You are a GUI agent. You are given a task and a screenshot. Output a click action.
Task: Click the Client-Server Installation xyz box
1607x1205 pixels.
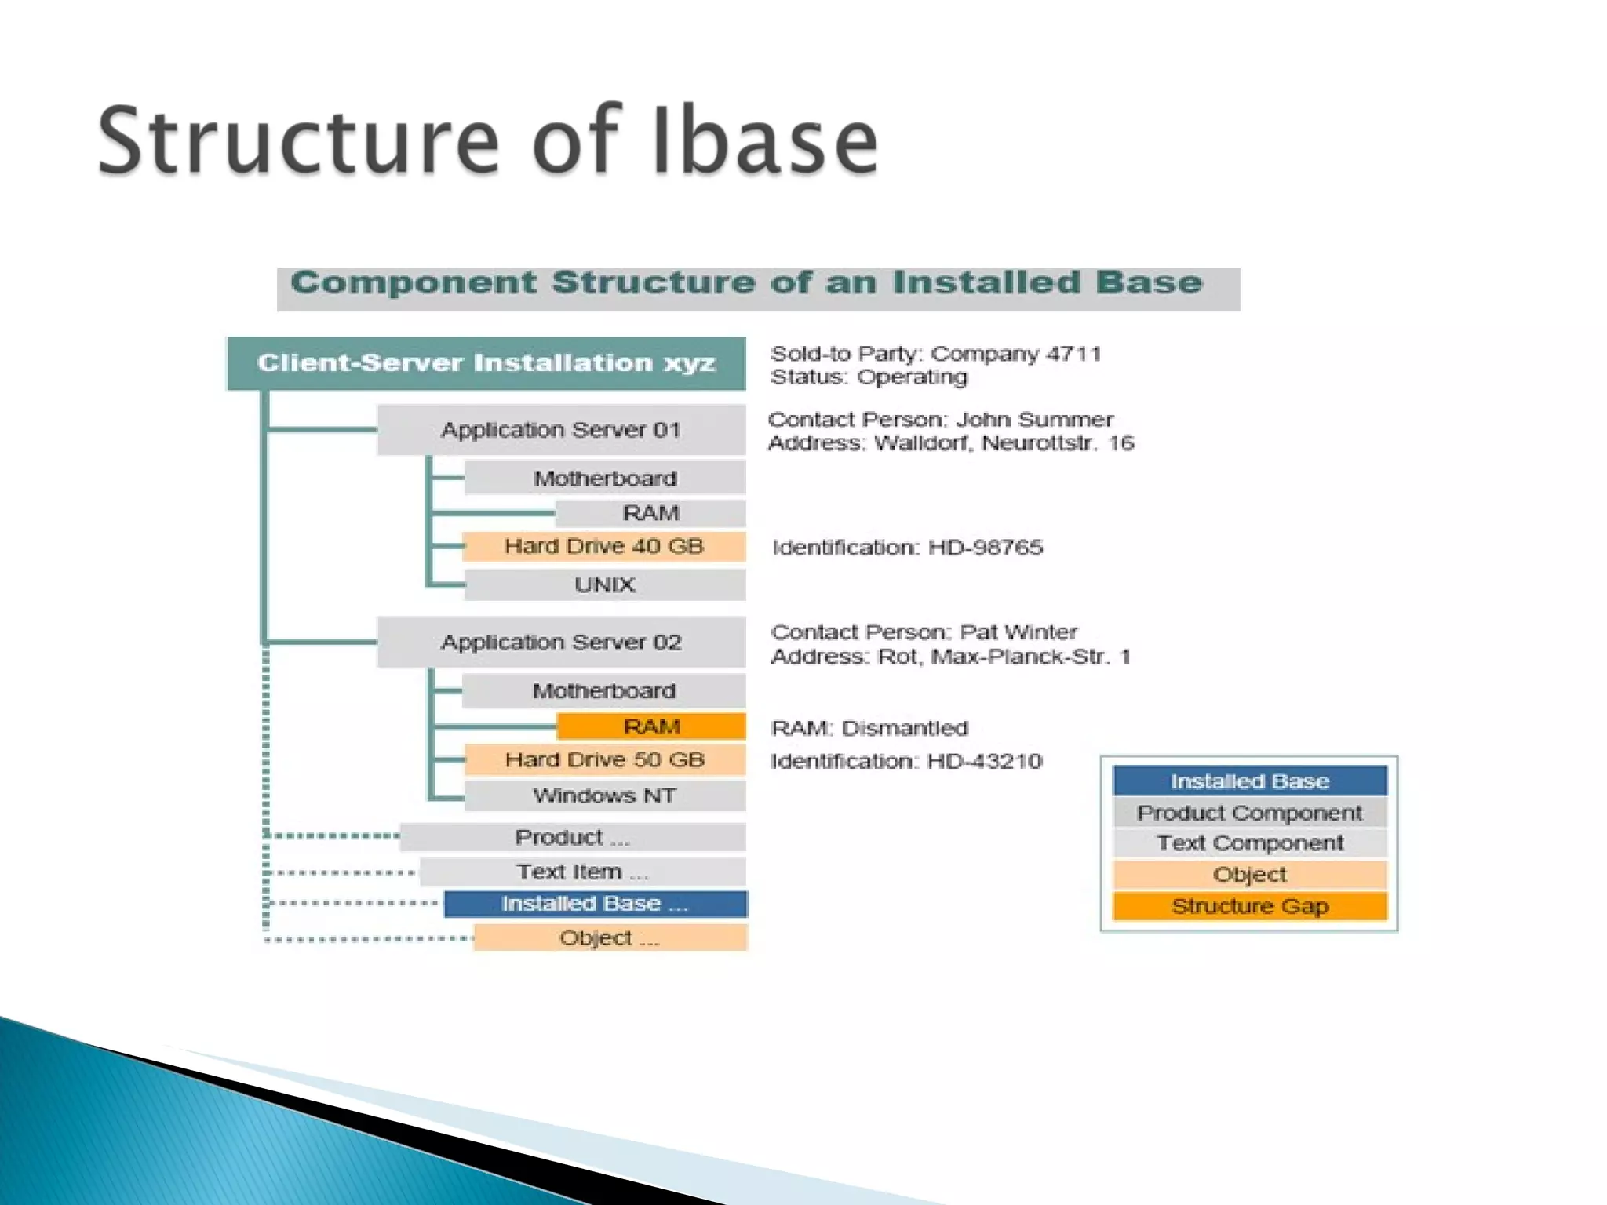(486, 363)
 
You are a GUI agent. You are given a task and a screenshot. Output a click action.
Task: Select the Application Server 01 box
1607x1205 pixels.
(561, 430)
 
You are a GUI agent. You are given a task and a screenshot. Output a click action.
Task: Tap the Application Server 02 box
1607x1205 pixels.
(561, 643)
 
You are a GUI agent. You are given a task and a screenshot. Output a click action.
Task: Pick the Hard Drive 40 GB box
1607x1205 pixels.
(603, 546)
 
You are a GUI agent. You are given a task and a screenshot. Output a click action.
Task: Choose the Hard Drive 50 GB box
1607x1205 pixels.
(604, 759)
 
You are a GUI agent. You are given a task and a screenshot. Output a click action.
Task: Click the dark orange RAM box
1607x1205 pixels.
(651, 726)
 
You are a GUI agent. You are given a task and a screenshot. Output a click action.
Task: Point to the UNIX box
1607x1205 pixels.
(604, 584)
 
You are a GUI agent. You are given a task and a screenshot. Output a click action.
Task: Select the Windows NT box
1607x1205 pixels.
(604, 795)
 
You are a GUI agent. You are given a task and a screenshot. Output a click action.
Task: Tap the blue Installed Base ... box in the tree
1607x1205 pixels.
(595, 904)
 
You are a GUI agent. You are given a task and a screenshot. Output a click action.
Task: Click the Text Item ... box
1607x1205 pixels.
(582, 872)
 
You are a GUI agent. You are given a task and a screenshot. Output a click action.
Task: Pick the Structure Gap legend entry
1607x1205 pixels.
(1249, 906)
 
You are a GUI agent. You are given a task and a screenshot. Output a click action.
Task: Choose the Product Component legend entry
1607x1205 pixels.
(1249, 813)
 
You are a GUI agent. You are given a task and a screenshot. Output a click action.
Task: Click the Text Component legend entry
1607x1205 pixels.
(1249, 843)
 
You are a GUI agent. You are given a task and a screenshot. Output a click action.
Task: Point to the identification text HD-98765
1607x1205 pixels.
(986, 548)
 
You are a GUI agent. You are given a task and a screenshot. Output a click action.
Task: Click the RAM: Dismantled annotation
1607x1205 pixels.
(869, 728)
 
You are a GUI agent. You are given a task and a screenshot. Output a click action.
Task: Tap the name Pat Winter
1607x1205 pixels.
(1018, 632)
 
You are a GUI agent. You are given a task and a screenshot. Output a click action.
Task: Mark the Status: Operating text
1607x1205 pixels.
(869, 377)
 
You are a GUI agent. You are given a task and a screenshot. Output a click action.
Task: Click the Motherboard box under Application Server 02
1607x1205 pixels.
(603, 691)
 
